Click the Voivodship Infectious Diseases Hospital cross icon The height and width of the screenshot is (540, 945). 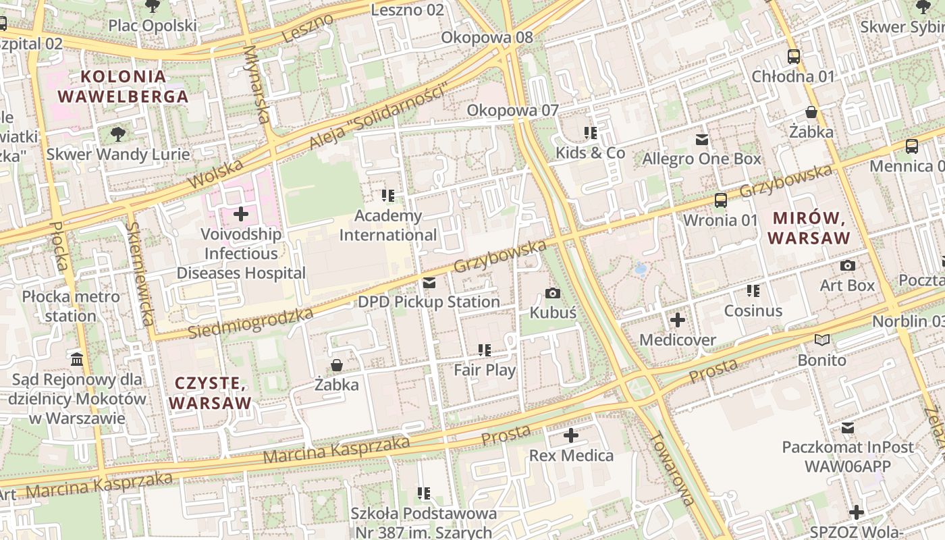pos(241,215)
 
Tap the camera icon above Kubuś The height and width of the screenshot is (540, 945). pos(553,293)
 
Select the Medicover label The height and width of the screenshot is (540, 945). pos(677,340)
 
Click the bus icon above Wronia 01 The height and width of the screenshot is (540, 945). pos(721,200)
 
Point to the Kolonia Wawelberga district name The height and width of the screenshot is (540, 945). pos(122,86)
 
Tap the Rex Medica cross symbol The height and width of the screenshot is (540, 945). pos(571,435)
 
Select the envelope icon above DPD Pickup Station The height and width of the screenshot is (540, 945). pos(429,283)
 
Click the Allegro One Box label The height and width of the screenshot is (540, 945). pos(701,159)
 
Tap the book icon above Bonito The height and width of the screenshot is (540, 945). pos(821,340)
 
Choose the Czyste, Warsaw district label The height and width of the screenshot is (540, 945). pos(209,393)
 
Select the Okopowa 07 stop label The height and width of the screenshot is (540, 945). pos(513,110)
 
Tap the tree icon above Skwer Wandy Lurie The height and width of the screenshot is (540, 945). pos(118,134)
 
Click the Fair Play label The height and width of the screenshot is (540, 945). pos(484,370)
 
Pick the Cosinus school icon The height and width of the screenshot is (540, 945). pos(753,291)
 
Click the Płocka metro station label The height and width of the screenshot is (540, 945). pos(71,306)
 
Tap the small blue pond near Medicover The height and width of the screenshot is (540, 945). pos(640,269)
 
